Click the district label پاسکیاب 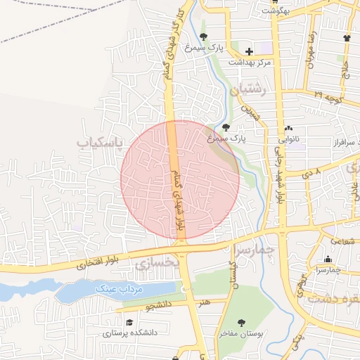[98, 143]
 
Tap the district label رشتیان [249, 89]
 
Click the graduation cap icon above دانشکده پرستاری [128, 322]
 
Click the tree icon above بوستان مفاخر [241, 323]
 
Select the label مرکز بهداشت [250, 62]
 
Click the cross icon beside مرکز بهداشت [250, 51]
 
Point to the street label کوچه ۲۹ [328, 94]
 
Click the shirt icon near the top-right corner [347, 37]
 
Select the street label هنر [204, 302]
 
